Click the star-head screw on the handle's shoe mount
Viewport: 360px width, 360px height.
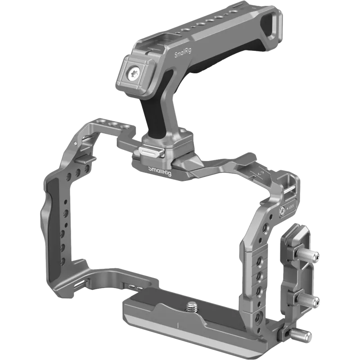click(134, 72)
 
